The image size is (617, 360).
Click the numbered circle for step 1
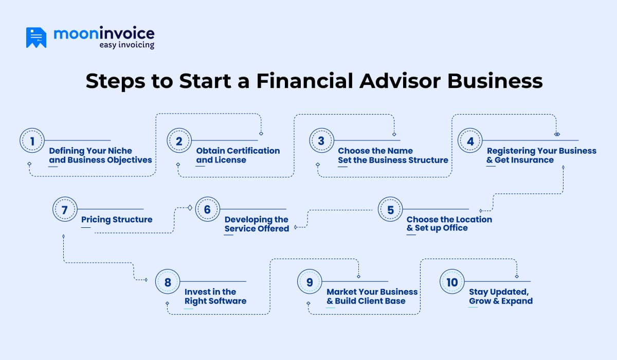32,141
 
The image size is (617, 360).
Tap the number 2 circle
179,141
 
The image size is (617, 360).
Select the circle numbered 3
321,141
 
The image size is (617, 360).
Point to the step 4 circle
470,141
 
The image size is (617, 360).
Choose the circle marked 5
390,210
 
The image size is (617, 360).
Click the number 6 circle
208,210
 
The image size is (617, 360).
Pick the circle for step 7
64,210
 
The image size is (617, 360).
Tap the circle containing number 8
168,282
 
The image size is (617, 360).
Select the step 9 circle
310,282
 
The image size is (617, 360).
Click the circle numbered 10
452,282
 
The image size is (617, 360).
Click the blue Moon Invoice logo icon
36,37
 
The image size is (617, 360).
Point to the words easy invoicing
126,45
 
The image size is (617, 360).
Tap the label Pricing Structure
117,220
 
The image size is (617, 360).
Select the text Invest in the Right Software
215,296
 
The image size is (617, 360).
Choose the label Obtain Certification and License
238,155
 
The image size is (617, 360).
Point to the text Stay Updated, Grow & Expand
500,296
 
